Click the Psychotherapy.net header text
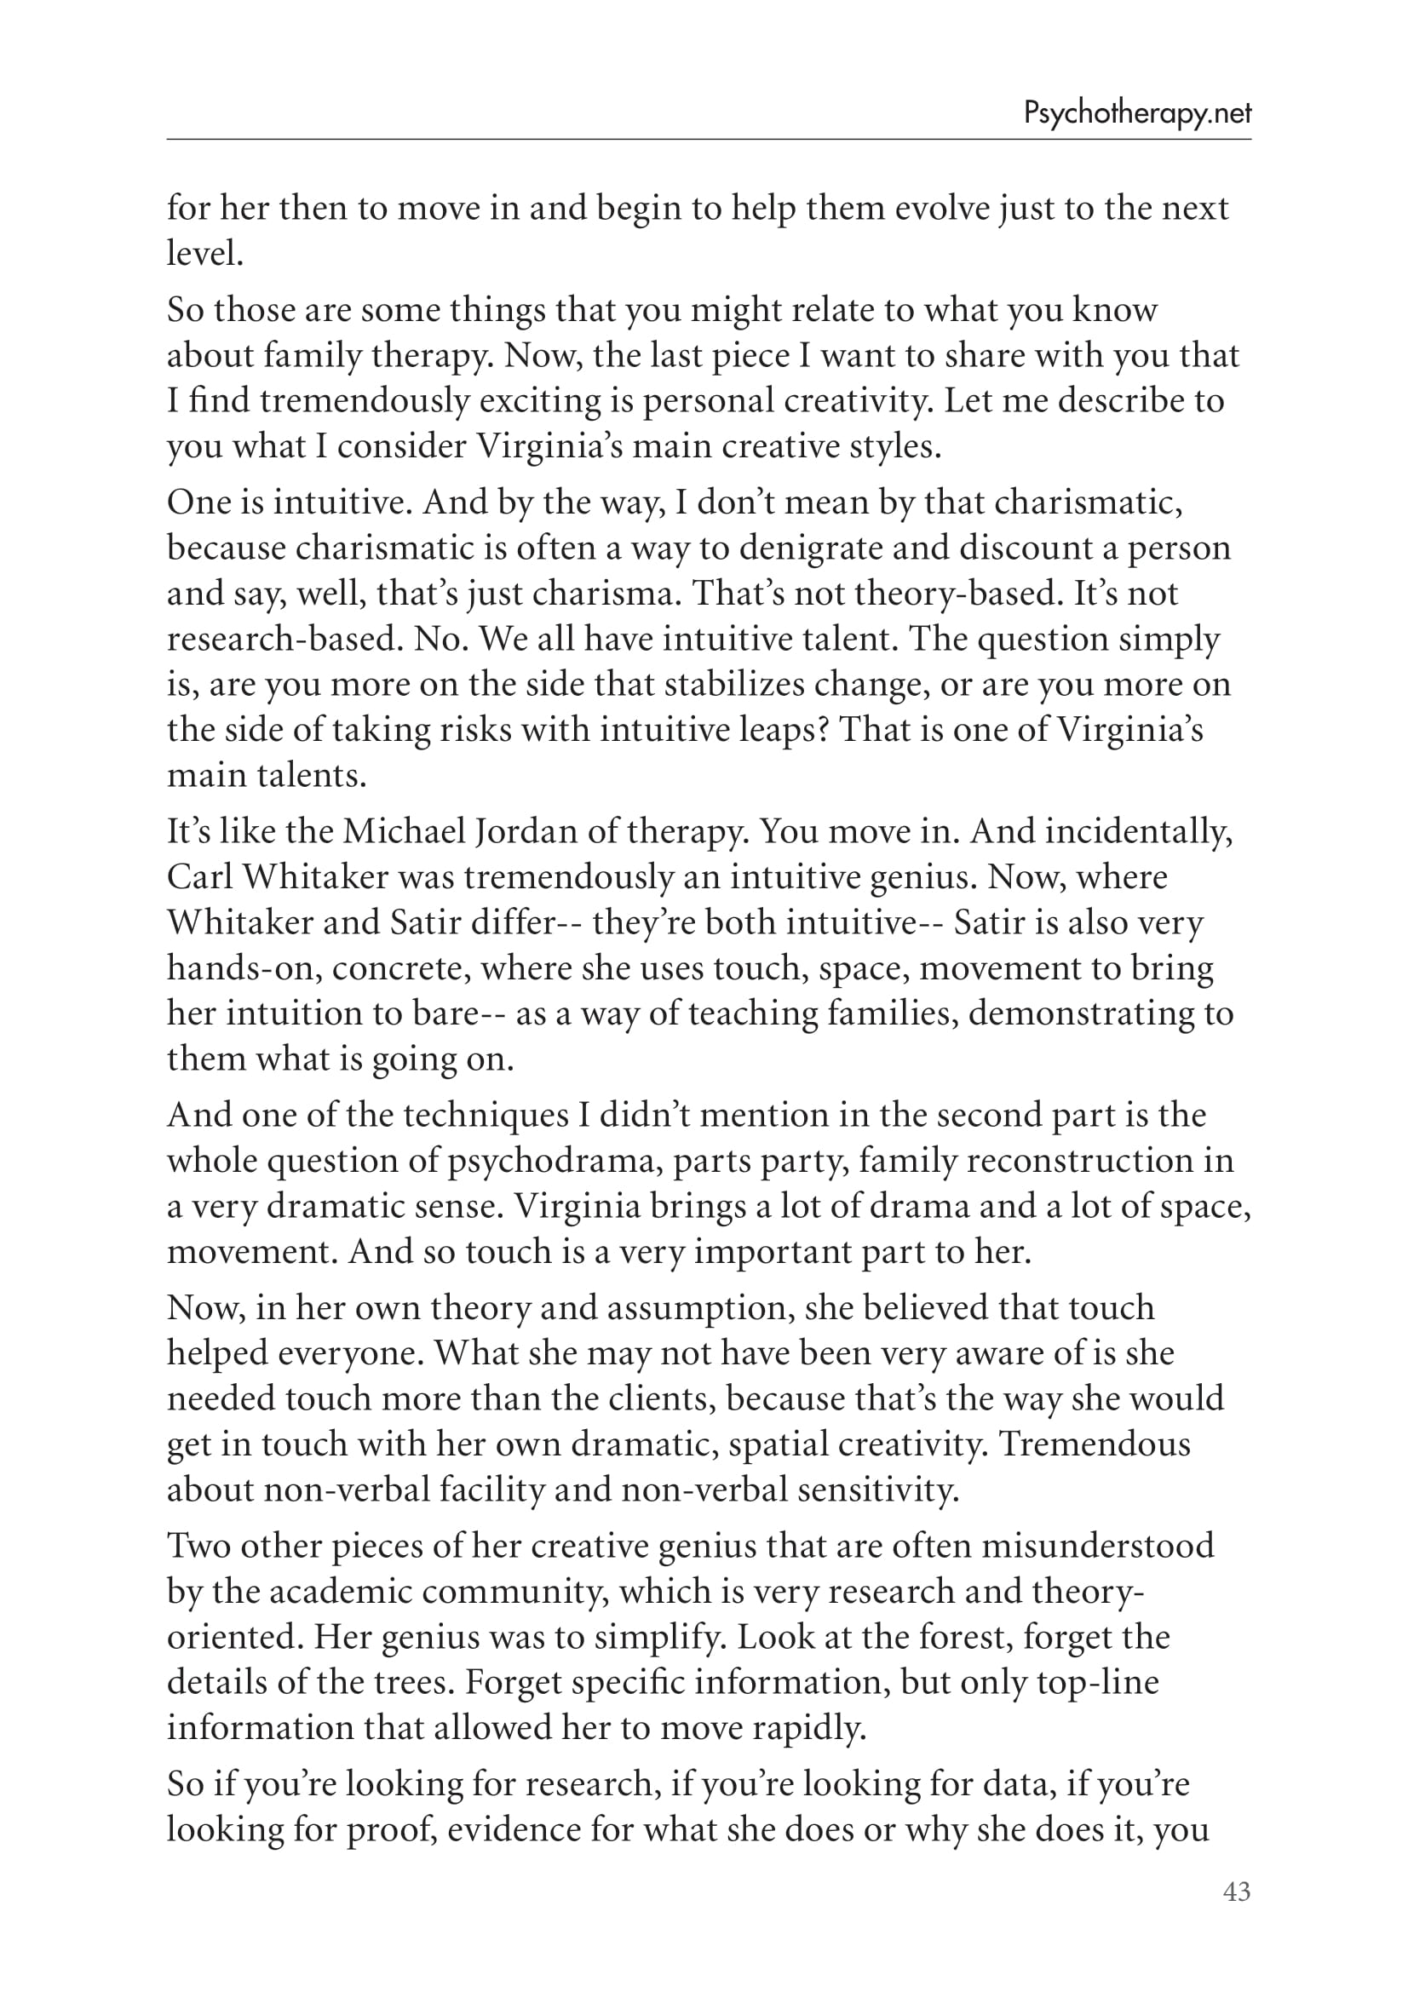pyautogui.click(x=1136, y=113)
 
